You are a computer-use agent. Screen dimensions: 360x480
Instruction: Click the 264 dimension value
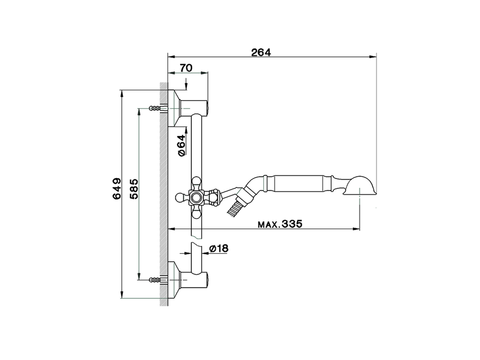point(261,52)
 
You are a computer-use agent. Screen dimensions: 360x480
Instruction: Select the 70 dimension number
point(186,68)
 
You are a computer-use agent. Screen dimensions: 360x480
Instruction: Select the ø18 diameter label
point(219,248)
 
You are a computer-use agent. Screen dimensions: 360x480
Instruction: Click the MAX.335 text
point(280,224)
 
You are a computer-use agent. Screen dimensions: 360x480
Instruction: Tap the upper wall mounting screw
point(155,108)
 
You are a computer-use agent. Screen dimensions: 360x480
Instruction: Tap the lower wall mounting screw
point(155,279)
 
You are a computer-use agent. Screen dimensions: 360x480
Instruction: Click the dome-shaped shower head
point(361,186)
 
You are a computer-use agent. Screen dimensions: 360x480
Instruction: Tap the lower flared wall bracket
point(176,279)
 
